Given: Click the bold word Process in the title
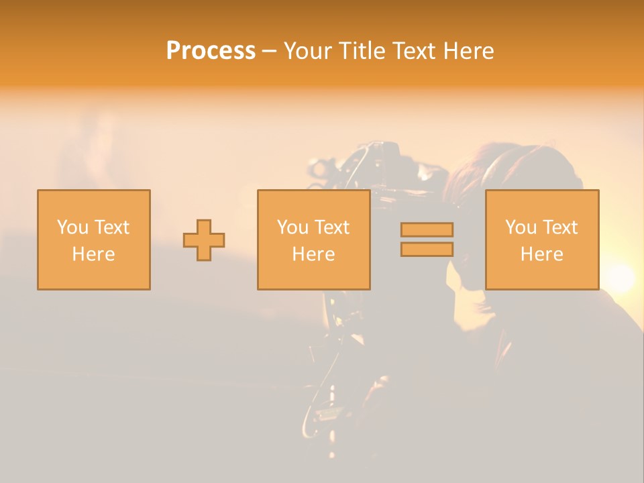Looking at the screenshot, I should pos(211,50).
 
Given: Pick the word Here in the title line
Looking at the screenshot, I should pos(470,50).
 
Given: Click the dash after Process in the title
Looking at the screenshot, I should pos(269,52).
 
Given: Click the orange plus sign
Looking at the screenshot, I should pos(204,240).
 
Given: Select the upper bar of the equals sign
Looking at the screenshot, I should pos(427,230).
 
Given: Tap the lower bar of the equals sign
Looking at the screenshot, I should pos(427,250).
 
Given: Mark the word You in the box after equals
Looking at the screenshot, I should pos(521,227).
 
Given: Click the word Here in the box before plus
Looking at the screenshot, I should pos(94,254).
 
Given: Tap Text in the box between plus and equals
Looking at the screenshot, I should pos(332,227).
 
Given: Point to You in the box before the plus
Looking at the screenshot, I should pos(72,227).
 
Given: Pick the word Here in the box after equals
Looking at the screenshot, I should pos(542,254).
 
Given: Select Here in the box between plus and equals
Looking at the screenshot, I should pos(313,254).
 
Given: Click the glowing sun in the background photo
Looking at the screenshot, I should pos(620,278).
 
